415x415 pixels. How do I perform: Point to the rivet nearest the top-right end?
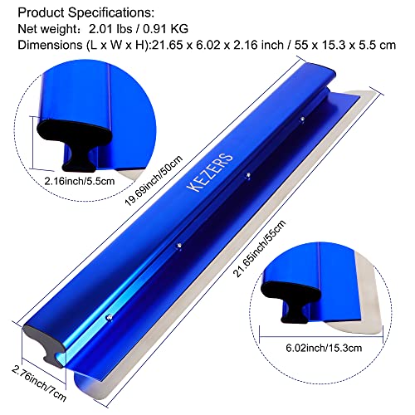click(x=304, y=122)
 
